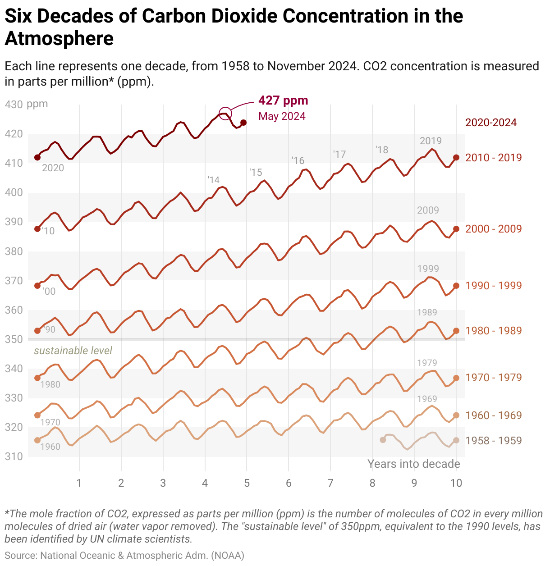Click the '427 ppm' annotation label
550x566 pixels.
click(283, 100)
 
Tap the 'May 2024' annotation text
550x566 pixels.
click(282, 116)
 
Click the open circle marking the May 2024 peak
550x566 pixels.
click(225, 113)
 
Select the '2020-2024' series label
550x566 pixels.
click(491, 123)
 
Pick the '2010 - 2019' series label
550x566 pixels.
click(493, 158)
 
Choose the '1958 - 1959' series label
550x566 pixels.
click(493, 441)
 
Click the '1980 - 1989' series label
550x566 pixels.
click(493, 331)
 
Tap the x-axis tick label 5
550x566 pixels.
click(247, 483)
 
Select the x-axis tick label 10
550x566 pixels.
click(456, 483)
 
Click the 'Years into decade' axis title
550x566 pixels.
click(413, 464)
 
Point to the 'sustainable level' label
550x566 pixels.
click(73, 351)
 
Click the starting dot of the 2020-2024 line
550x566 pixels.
click(37, 157)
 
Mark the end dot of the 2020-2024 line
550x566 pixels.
click(243, 123)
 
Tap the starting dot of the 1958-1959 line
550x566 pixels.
click(383, 440)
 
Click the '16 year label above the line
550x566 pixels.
click(298, 160)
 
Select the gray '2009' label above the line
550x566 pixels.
click(428, 210)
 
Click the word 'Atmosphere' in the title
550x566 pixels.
click(59, 39)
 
